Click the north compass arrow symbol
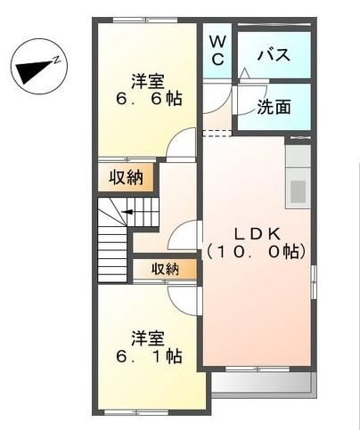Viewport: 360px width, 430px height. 34,68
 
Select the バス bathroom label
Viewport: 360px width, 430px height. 273,55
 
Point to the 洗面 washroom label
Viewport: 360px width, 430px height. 274,108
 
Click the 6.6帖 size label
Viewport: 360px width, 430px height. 147,99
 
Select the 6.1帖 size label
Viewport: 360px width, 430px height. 147,357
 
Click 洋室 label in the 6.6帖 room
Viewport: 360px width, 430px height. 147,78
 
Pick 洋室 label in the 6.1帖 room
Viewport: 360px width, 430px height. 148,337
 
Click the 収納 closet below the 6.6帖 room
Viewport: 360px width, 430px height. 127,176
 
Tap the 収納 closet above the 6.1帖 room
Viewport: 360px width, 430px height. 165,268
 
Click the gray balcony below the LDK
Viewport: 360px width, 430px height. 261,384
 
